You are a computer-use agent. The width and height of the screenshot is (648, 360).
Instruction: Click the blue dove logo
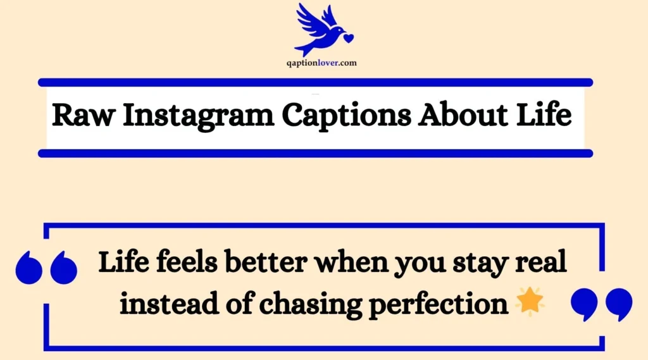[321, 28]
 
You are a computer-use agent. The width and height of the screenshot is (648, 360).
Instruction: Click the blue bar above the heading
[315, 82]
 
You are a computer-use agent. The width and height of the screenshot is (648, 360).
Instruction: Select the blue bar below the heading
[315, 153]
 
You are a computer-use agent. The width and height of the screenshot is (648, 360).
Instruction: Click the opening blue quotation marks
[46, 267]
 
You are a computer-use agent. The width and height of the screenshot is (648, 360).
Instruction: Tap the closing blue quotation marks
[601, 305]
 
